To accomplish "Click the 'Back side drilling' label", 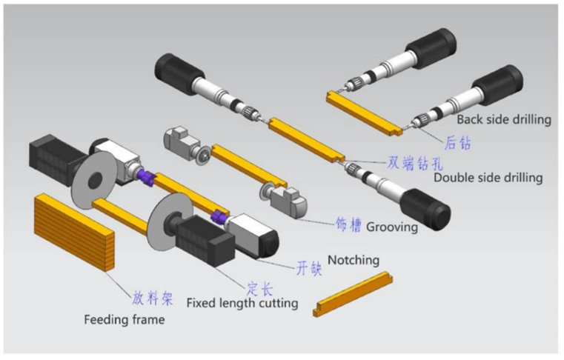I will (x=503, y=119).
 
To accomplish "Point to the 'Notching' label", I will (x=354, y=260).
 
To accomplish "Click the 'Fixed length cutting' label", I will (x=242, y=303).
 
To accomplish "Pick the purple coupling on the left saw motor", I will (x=145, y=176).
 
